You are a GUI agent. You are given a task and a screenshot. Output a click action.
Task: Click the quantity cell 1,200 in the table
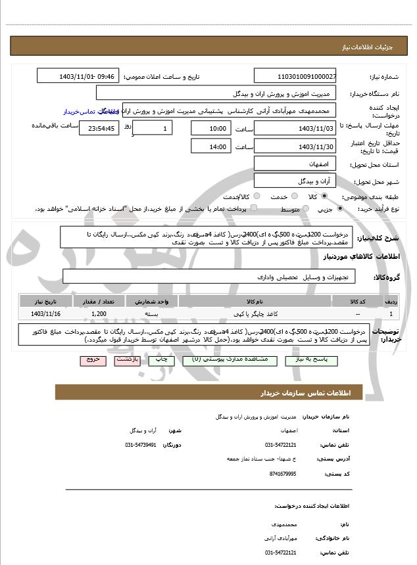(x=99, y=315)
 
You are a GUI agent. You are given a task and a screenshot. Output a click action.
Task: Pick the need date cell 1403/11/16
(x=45, y=315)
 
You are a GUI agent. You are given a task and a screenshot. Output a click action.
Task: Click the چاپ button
(x=159, y=360)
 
